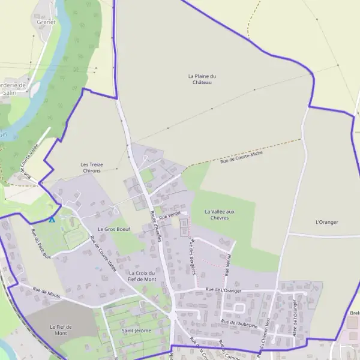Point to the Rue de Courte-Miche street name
pos(242,157)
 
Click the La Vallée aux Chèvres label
pos(219,214)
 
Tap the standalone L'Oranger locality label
pos(326,222)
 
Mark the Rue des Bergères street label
pos(193,256)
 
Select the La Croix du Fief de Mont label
pos(142,276)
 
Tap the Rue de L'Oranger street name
pos(223,290)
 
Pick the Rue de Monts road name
pos(46,292)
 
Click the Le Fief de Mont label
pos(61,329)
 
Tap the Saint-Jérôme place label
pos(136,331)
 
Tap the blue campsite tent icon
pos(52,219)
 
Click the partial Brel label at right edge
pos(354,313)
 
